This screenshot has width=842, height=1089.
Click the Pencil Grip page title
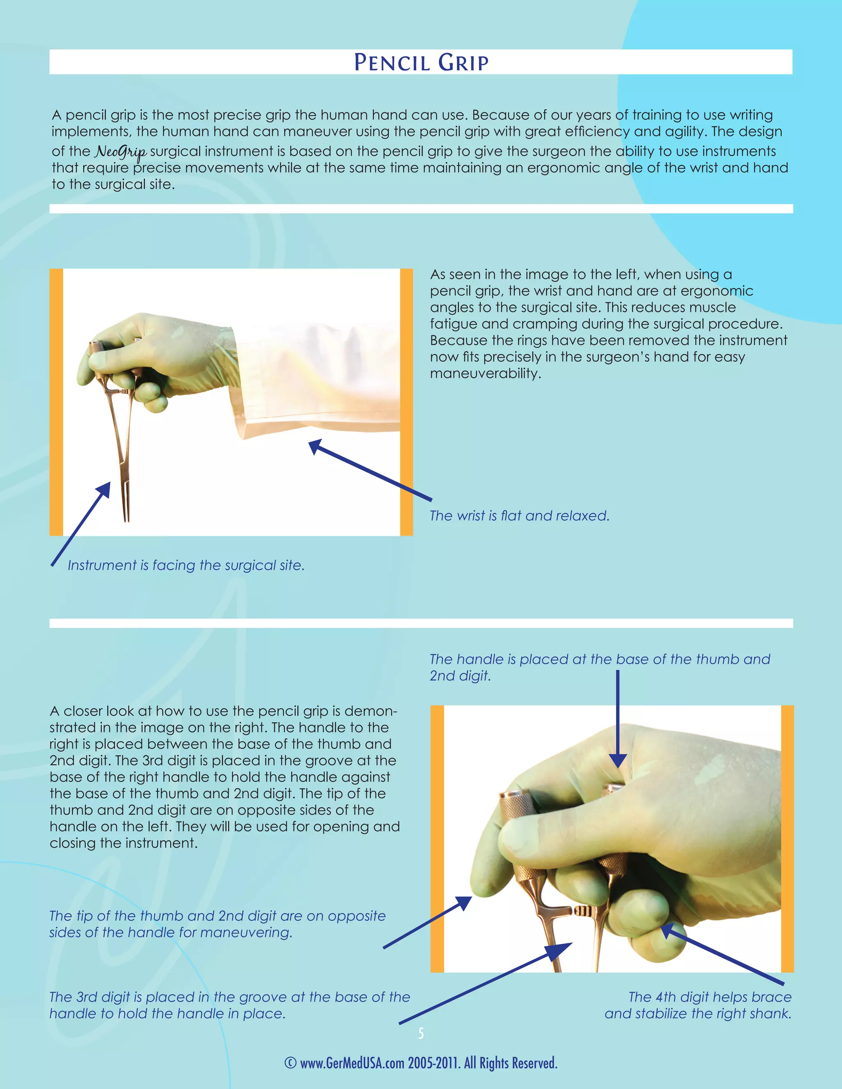pyautogui.click(x=421, y=62)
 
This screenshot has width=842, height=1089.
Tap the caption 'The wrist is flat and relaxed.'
pyautogui.click(x=519, y=516)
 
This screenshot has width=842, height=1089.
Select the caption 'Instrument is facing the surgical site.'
pyautogui.click(x=185, y=565)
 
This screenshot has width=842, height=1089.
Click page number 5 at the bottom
pyautogui.click(x=421, y=1033)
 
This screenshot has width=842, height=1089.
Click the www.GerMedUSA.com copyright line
pyautogui.click(x=421, y=1063)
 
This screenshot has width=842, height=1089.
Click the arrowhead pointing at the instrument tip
pyautogui.click(x=107, y=486)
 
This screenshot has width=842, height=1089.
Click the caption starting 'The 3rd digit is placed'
pyautogui.click(x=229, y=1005)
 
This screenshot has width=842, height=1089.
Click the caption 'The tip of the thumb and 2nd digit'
pyautogui.click(x=217, y=923)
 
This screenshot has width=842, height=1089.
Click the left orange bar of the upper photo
pyautogui.click(x=56, y=402)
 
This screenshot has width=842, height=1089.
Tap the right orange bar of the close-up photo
pyautogui.click(x=787, y=839)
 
